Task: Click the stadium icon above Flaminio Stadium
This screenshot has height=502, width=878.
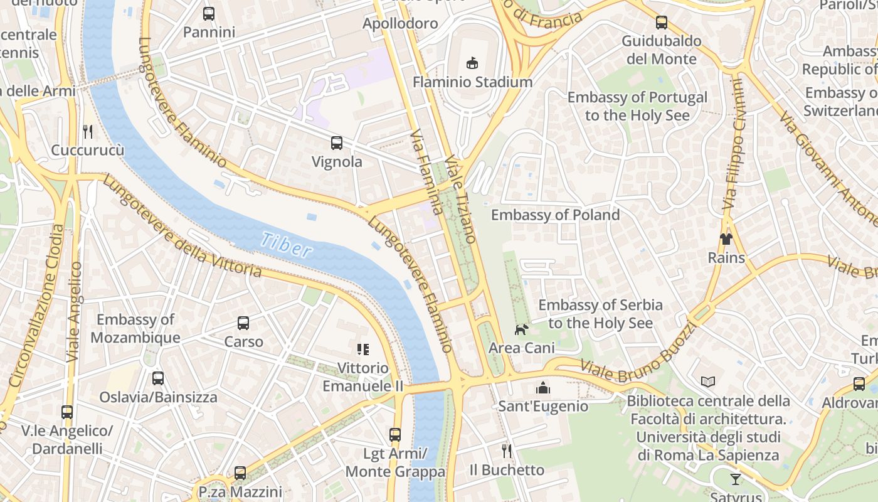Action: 472,63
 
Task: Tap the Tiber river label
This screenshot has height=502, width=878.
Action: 287,245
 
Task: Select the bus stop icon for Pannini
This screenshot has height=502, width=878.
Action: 209,13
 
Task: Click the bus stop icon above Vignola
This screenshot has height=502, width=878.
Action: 337,143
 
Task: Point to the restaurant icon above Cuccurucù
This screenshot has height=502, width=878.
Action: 88,132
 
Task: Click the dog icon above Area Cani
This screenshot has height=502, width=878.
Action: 521,329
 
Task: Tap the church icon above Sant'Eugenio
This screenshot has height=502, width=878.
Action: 543,388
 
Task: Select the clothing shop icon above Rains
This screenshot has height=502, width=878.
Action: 726,239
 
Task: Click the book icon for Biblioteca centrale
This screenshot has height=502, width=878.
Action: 708,382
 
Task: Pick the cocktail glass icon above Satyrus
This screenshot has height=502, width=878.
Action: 736,479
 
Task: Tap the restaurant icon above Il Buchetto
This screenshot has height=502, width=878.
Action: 507,451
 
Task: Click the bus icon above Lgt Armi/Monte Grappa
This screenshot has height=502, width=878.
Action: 395,434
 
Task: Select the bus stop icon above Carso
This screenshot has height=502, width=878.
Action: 243,323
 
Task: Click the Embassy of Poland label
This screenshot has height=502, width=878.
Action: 555,215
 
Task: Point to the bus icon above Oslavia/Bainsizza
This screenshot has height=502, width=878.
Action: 158,378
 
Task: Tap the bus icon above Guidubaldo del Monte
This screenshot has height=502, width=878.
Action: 662,23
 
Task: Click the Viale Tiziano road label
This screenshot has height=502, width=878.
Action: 461,200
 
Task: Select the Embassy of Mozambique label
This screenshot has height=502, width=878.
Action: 135,329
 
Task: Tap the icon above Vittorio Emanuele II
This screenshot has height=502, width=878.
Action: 363,350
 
